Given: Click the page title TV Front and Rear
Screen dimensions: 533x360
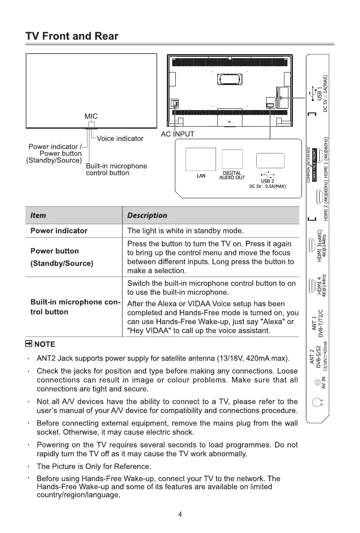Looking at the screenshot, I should coord(72,36).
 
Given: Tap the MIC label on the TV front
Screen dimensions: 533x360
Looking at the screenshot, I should coord(91,116).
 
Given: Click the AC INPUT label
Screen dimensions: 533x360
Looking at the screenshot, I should coord(177,134).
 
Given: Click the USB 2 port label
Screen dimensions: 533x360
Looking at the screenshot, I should coord(267,181).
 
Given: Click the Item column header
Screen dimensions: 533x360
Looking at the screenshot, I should coord(38,215).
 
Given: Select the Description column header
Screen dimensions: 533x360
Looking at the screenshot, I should coord(147,215).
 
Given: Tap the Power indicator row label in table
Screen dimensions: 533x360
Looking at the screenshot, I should coord(59,231).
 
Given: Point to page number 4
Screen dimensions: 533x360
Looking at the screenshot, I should coord(180,514).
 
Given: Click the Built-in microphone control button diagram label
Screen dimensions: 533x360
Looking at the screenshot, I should coord(116,170).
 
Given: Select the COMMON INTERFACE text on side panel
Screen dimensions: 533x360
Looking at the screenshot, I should coord(309,165).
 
